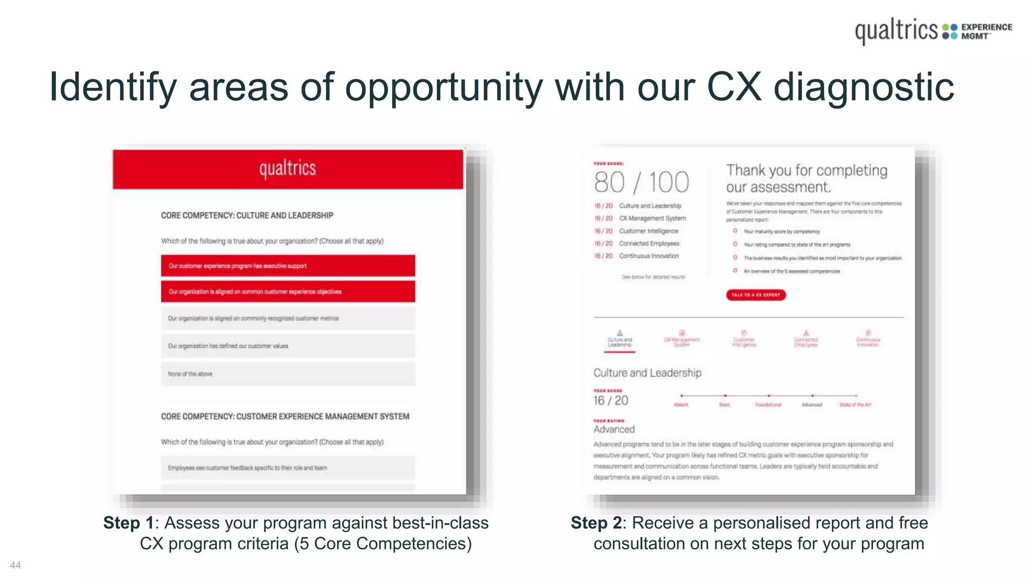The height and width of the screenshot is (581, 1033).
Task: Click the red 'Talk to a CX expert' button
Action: click(756, 295)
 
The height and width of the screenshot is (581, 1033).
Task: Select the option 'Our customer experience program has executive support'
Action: click(288, 266)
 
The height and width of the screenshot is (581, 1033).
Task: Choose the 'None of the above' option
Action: click(288, 374)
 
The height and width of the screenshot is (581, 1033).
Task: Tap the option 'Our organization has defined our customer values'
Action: click(288, 346)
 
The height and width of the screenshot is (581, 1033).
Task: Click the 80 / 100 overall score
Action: click(641, 183)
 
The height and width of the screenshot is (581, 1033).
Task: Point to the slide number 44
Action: click(15, 565)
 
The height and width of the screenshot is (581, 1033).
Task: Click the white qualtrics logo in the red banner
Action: click(288, 168)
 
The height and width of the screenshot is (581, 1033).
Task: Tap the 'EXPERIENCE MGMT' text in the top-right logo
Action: click(986, 31)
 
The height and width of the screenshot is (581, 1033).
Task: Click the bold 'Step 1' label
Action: click(128, 523)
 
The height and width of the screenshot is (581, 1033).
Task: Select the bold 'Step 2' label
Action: click(596, 523)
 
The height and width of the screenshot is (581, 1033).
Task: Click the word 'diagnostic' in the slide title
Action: click(864, 87)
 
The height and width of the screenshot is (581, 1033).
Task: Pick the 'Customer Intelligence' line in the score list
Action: click(648, 231)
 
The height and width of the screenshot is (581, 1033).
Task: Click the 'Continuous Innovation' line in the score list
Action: click(649, 256)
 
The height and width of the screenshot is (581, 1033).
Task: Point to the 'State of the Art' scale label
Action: click(855, 404)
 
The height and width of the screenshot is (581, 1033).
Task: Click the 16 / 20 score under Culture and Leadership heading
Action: click(610, 401)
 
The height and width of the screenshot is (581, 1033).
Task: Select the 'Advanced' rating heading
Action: click(614, 429)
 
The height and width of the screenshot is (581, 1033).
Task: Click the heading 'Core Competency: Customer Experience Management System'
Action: click(285, 417)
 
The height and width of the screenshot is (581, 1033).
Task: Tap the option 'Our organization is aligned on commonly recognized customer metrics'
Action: click(288, 318)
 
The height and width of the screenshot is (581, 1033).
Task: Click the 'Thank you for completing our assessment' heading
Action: click(806, 179)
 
